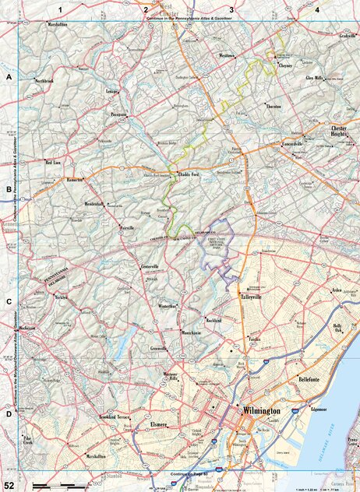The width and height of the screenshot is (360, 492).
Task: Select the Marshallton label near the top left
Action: click(x=57, y=25)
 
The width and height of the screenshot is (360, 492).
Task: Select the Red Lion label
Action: click(x=52, y=163)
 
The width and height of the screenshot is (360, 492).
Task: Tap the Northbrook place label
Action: click(x=45, y=80)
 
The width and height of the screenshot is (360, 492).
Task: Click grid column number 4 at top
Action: click(x=317, y=8)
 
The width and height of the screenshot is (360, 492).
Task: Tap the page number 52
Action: click(x=9, y=486)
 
